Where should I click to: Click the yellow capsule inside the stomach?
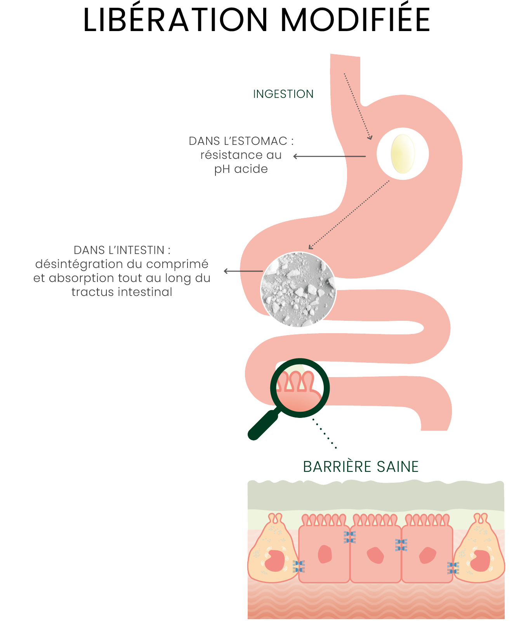[403, 154]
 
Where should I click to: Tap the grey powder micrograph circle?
[298, 290]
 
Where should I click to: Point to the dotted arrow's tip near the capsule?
[370, 137]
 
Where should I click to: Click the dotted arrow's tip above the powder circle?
[310, 247]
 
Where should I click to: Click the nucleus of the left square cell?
[325, 554]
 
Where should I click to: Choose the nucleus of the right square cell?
[427, 555]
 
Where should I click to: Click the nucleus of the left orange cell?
[275, 561]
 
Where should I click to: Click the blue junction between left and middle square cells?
[350, 537]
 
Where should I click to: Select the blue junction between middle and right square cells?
[401, 544]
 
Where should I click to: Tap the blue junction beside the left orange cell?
[299, 567]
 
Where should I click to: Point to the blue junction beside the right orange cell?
[453, 568]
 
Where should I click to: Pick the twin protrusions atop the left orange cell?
[276, 518]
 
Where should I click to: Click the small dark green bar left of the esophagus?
[288, 94]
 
